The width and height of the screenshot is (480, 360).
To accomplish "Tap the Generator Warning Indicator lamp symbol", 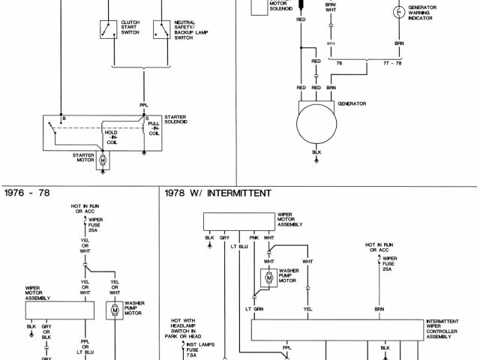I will [398, 12].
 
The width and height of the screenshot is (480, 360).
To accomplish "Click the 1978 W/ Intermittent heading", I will [217, 193].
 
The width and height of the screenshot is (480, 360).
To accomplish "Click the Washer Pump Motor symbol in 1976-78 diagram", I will [115, 310].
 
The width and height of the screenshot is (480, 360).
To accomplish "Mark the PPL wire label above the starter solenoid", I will [143, 105].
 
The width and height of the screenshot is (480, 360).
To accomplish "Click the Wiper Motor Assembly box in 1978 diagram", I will [240, 220].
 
